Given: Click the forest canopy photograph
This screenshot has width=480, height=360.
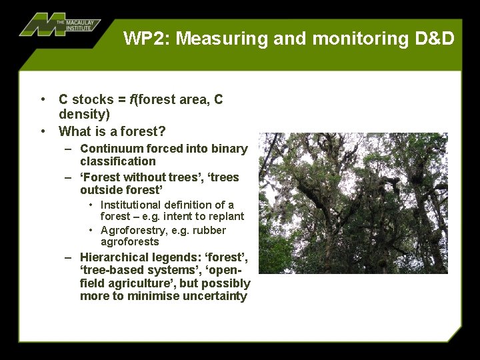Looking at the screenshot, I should pos(353,203).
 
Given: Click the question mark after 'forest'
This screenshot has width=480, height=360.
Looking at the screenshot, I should pos(163,131).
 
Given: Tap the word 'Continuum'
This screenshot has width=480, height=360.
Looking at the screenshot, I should pos(109,149).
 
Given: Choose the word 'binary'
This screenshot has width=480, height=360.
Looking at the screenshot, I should pos(229,149).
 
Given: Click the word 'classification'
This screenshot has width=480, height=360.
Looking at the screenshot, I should pos(117,161).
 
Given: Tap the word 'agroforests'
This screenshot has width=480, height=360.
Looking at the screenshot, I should pos(129,242).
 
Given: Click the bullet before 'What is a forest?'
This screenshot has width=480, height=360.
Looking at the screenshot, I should pos(43,131).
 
